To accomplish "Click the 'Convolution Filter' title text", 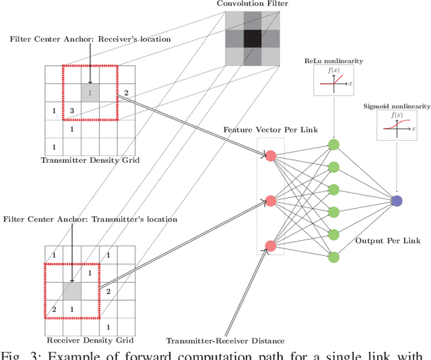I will [x=252, y=5].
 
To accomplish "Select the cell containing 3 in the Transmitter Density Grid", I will [x=72, y=110].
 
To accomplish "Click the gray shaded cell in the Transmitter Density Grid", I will [x=90, y=92].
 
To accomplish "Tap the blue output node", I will [x=397, y=201].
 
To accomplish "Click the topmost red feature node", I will [x=271, y=156].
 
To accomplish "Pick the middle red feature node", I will [x=271, y=201].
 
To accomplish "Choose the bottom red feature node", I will [x=271, y=246].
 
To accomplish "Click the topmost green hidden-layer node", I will [x=333, y=145].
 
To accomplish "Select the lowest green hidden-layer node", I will [x=333, y=256].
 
